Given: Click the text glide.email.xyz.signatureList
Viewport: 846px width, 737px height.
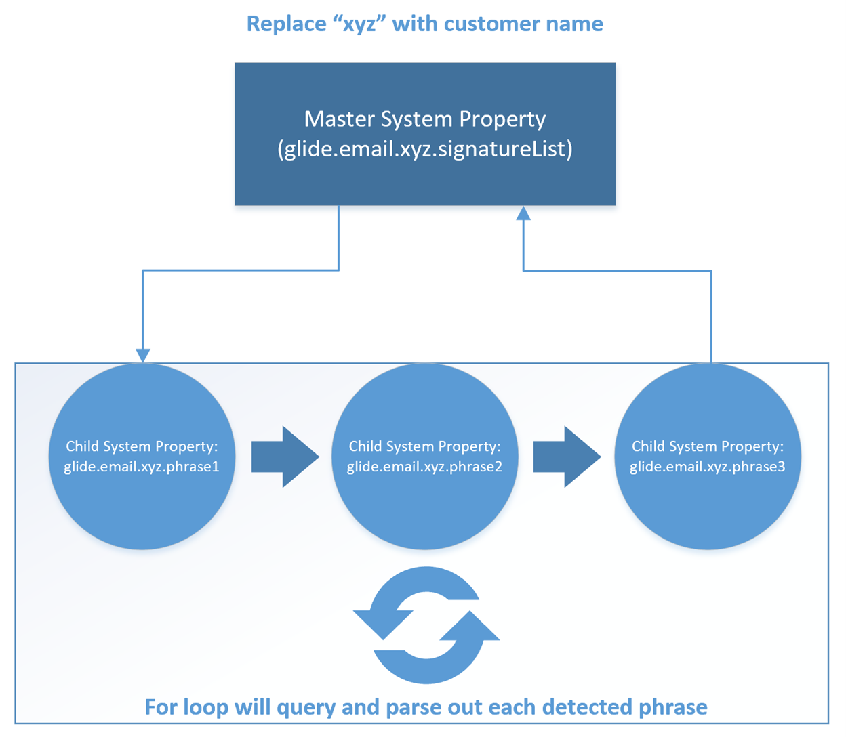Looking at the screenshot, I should (425, 149).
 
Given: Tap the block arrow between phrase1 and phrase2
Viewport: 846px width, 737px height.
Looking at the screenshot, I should (285, 457).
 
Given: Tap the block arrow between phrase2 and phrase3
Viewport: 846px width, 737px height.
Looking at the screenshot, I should (567, 457).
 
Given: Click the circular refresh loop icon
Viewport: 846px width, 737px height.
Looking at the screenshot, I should (426, 625).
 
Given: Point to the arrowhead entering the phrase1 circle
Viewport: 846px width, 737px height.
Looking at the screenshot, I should (143, 356).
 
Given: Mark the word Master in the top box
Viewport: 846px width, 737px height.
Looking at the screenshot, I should (340, 119).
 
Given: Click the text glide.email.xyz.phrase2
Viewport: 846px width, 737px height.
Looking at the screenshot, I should (425, 467).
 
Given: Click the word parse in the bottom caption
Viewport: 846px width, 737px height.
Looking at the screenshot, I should (411, 707).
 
